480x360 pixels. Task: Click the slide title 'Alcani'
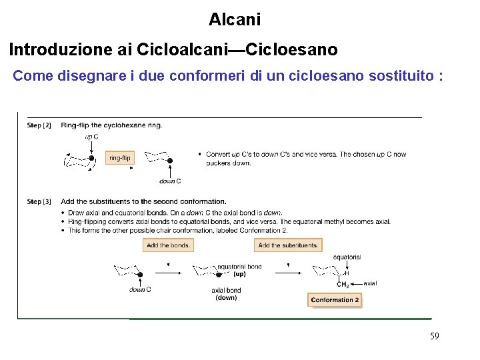pyautogui.click(x=235, y=19)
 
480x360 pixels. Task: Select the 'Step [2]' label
pyautogui.click(x=39, y=125)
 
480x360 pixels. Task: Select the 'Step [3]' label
pyautogui.click(x=39, y=201)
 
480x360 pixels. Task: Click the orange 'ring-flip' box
pyautogui.click(x=120, y=158)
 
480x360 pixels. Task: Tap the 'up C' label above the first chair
pyautogui.click(x=91, y=137)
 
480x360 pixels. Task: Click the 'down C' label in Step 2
pyautogui.click(x=170, y=181)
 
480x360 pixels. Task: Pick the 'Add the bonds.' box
pyautogui.click(x=168, y=245)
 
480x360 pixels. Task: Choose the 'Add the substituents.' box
pyautogui.click(x=288, y=245)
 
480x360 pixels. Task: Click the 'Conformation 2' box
pyautogui.click(x=335, y=300)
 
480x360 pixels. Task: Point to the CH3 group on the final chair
pyautogui.click(x=343, y=285)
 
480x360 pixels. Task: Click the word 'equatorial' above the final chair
pyautogui.click(x=347, y=257)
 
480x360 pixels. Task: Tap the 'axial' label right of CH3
pyautogui.click(x=370, y=283)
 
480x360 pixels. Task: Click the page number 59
pyautogui.click(x=435, y=337)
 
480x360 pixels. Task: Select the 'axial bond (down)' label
pyautogui.click(x=226, y=294)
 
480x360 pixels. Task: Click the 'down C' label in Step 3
pyautogui.click(x=140, y=289)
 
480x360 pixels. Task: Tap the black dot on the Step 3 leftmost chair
pyautogui.click(x=140, y=275)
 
